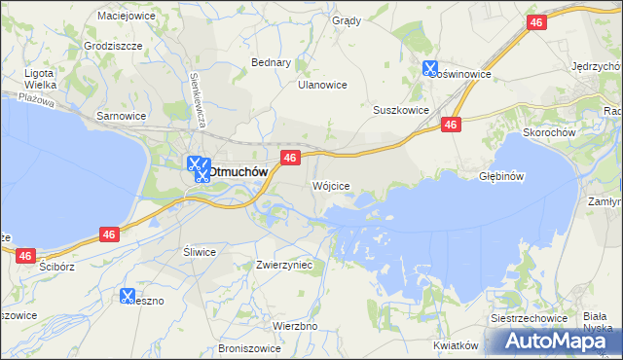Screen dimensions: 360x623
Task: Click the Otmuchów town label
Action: tap(238, 171)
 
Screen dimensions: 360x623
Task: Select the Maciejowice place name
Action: tap(128, 16)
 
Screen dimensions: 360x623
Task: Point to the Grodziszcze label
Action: tap(114, 46)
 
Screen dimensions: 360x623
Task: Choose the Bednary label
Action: tap(272, 62)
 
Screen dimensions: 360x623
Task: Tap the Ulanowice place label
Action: tap(322, 85)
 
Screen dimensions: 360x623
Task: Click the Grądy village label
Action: tap(346, 20)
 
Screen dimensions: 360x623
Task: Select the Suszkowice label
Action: tap(401, 110)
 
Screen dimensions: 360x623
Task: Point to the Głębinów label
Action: tap(502, 177)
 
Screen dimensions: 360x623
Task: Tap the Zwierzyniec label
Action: tap(283, 264)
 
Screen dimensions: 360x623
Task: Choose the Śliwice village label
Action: tap(200, 251)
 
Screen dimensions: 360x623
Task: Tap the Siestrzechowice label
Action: tap(528, 320)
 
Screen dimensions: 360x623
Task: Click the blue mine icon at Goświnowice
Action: tap(430, 68)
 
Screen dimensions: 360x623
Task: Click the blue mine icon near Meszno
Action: tap(128, 295)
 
